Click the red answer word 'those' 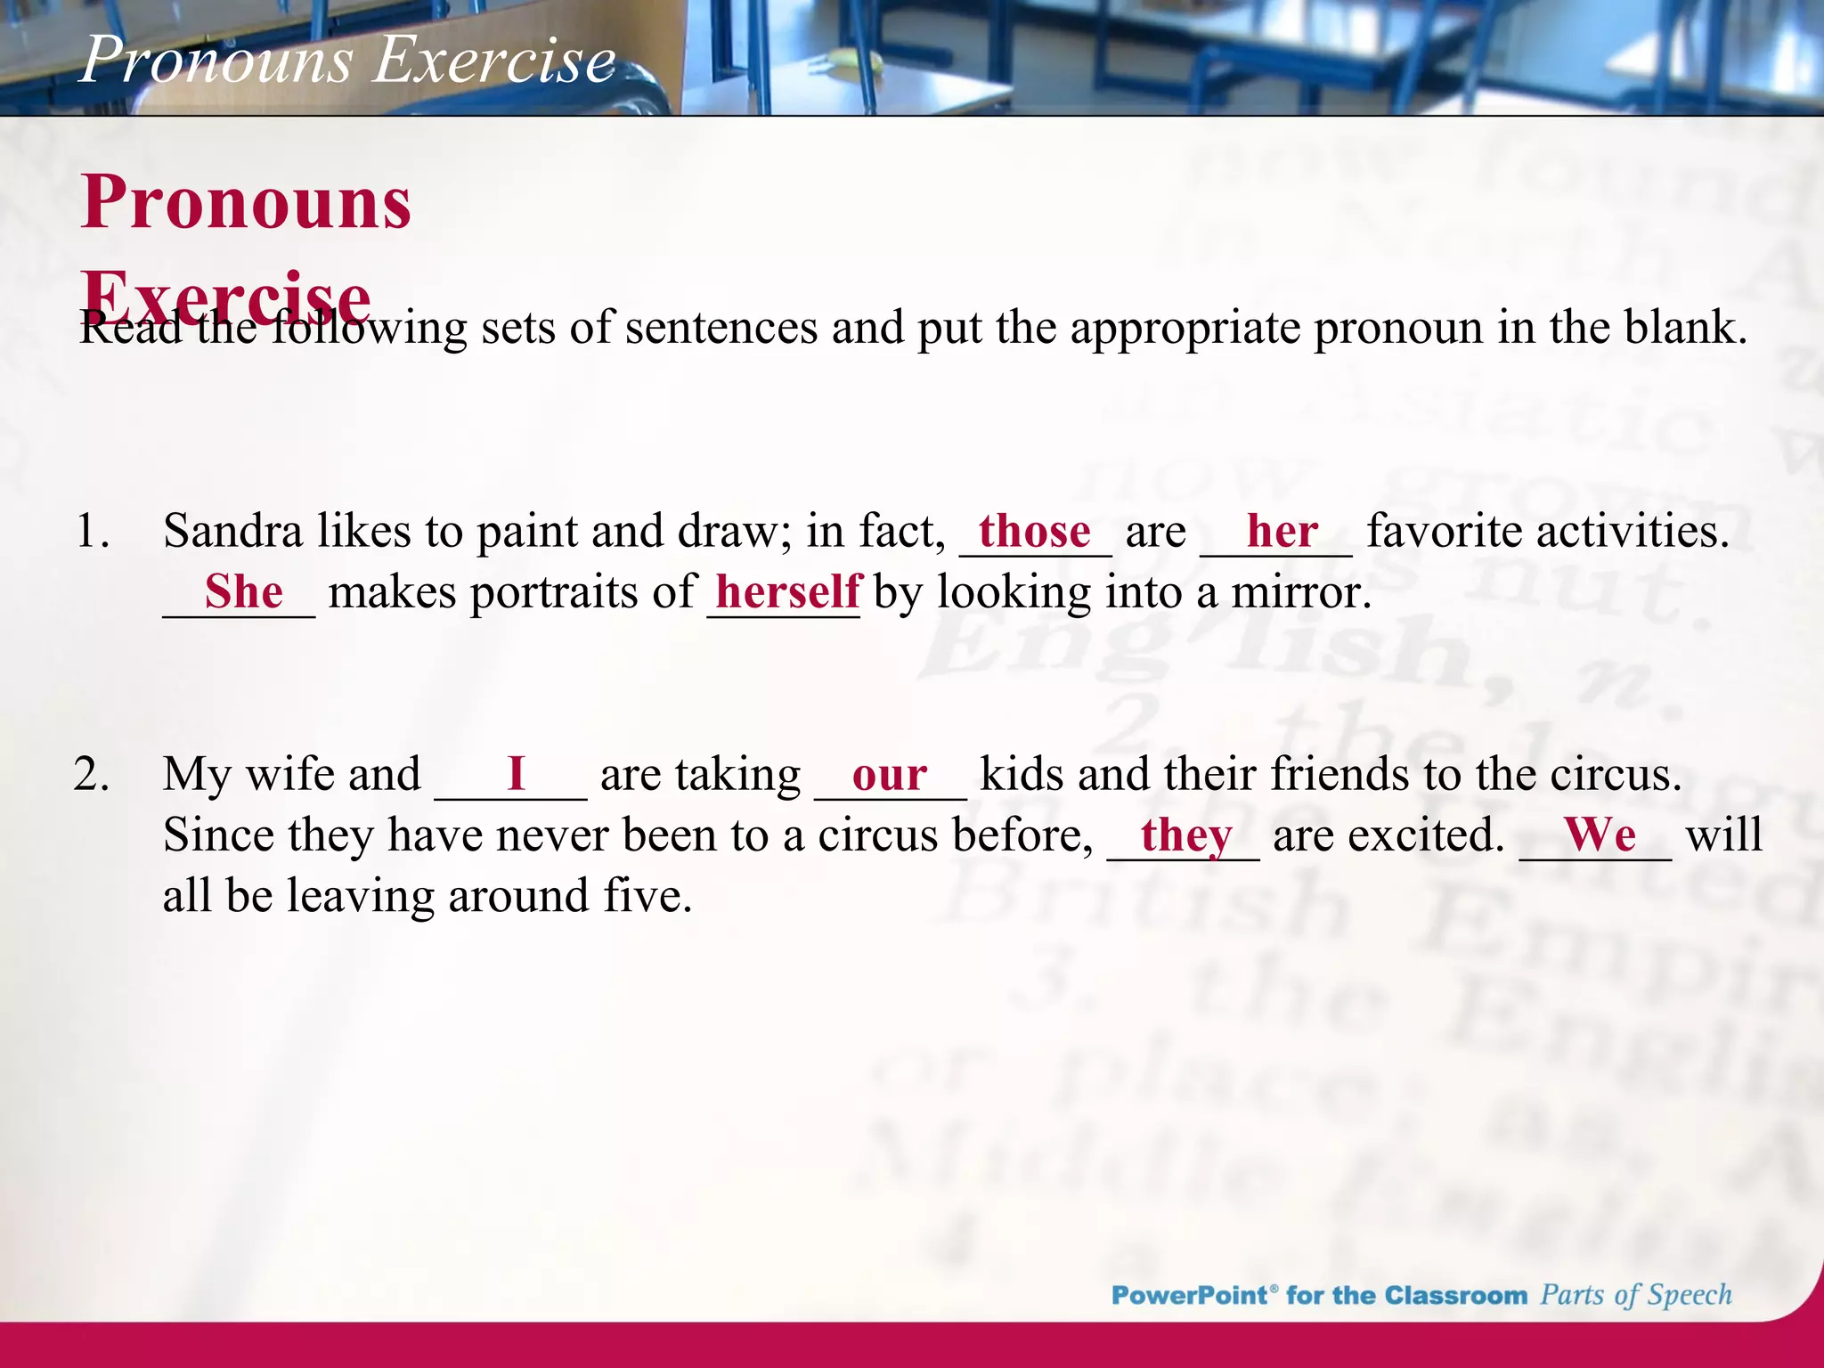[x=1034, y=533]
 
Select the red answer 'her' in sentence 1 [x=1282, y=533]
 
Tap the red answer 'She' [x=243, y=592]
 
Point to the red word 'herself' [x=788, y=592]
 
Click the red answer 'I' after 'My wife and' [x=516, y=774]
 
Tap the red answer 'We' [x=1600, y=835]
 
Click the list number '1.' [x=93, y=533]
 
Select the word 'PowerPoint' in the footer [x=1189, y=1295]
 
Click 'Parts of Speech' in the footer [x=1636, y=1295]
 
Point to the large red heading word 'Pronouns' [x=246, y=203]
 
